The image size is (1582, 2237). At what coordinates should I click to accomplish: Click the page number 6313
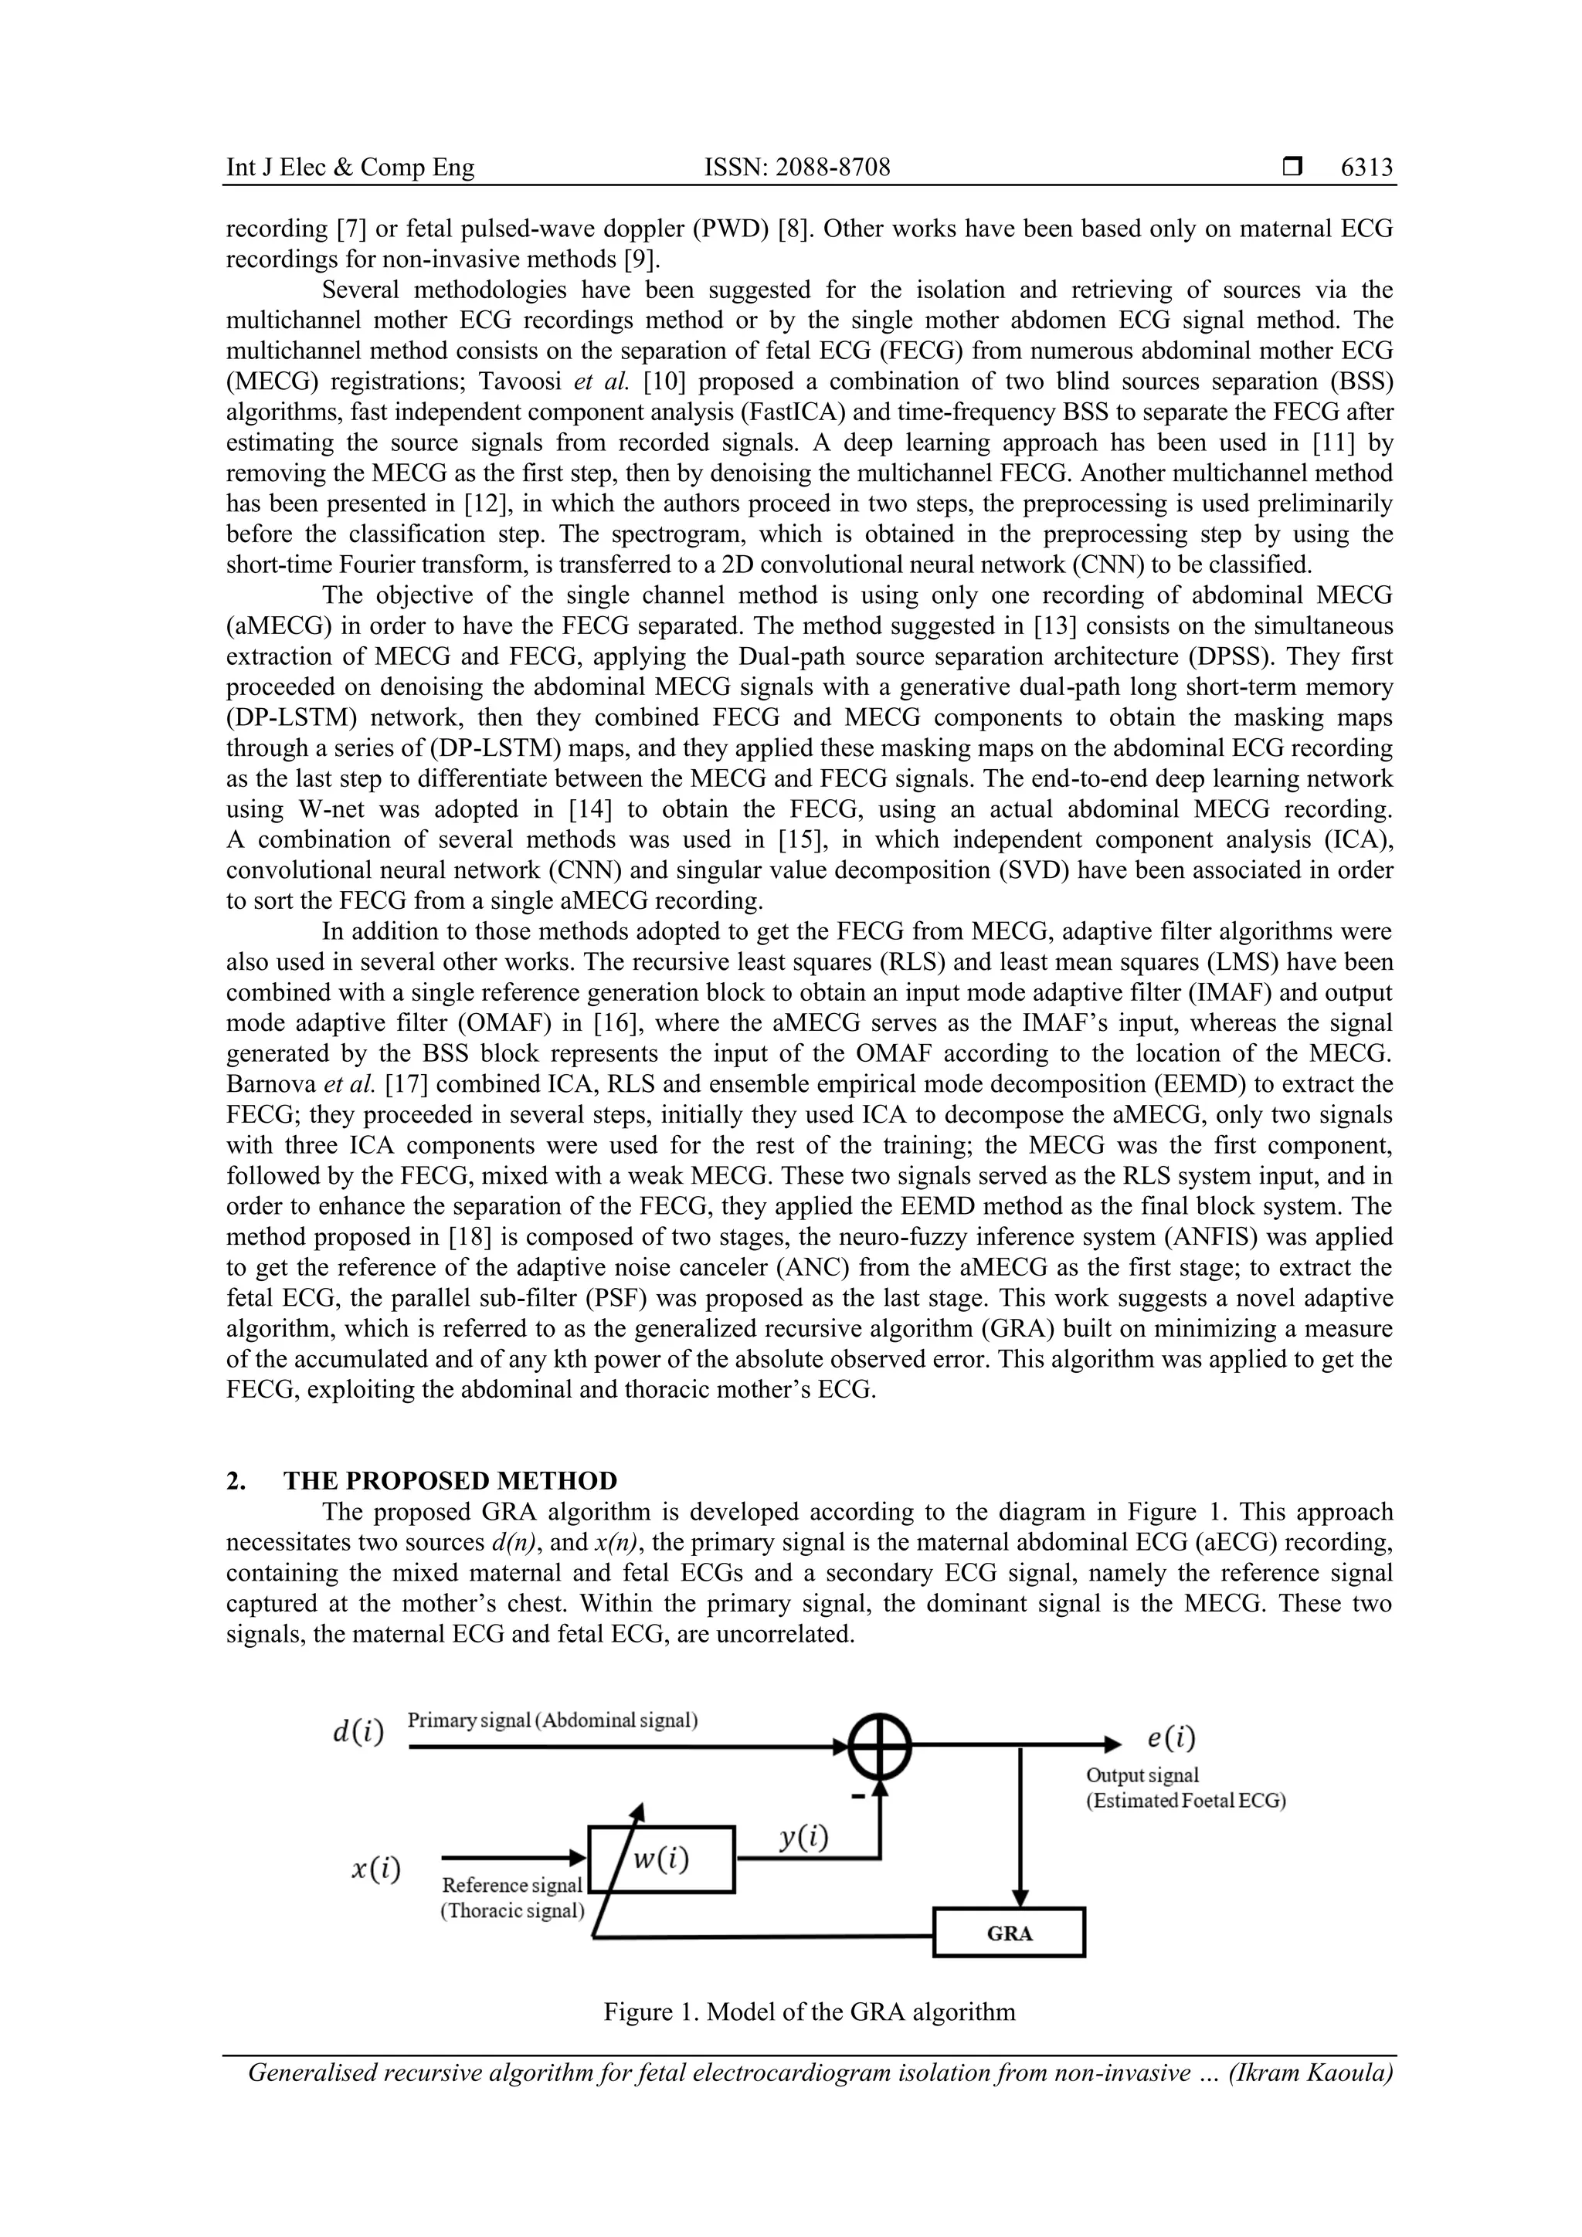click(1366, 168)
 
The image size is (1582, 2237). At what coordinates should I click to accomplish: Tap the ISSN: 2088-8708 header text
click(796, 168)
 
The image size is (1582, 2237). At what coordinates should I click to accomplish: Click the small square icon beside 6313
click(1292, 168)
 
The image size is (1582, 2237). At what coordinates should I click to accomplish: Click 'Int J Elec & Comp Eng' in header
click(350, 168)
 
